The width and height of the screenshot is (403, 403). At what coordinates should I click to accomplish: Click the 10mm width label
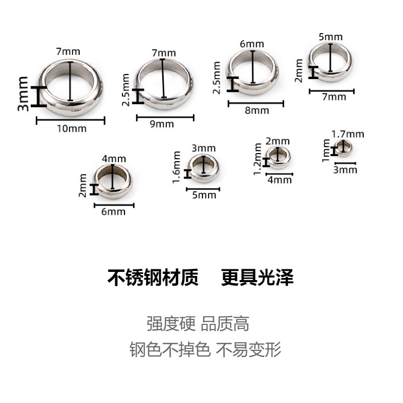coord(71,128)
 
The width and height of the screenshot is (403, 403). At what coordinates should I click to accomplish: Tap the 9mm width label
coord(162,124)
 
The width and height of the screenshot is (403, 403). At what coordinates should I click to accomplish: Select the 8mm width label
coord(257,110)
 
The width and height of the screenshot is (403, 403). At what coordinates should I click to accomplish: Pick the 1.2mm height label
coord(258,160)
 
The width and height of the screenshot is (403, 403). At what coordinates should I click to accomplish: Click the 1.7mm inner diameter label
coord(347,134)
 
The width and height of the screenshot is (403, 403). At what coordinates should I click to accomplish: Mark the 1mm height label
coord(326,152)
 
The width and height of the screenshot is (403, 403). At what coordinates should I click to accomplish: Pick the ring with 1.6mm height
coord(204,167)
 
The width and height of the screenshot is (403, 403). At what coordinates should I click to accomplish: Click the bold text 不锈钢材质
coord(153,279)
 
